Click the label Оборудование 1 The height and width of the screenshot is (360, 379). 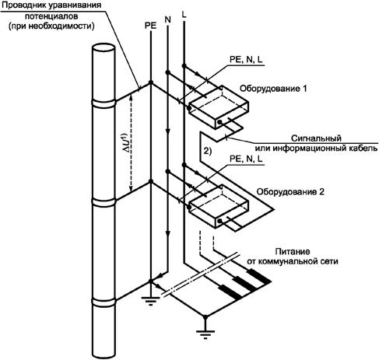point(273,89)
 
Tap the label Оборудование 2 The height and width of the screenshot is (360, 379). point(290,192)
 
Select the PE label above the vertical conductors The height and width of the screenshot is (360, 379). point(151,26)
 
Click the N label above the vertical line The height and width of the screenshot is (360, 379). point(168,19)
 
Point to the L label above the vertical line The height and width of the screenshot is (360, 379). point(184,15)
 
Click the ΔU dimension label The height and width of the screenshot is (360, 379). point(126,142)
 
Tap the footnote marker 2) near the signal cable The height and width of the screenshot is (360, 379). point(207,151)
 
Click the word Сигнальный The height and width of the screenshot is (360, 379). point(316,138)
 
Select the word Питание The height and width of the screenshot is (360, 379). point(293,251)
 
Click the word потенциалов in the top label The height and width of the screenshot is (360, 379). point(51,16)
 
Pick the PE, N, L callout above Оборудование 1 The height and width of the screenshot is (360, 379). point(246,59)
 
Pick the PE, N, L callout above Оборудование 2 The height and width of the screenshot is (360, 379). point(246,159)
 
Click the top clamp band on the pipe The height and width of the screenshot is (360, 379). point(104,103)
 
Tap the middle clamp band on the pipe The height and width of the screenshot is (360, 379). point(104,203)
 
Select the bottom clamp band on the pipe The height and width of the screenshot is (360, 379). point(104,302)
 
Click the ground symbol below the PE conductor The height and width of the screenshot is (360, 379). point(151,301)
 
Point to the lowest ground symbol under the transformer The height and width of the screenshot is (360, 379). point(205,334)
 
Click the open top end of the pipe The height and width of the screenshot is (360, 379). point(104,48)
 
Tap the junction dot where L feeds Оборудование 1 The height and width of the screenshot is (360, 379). point(184,66)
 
